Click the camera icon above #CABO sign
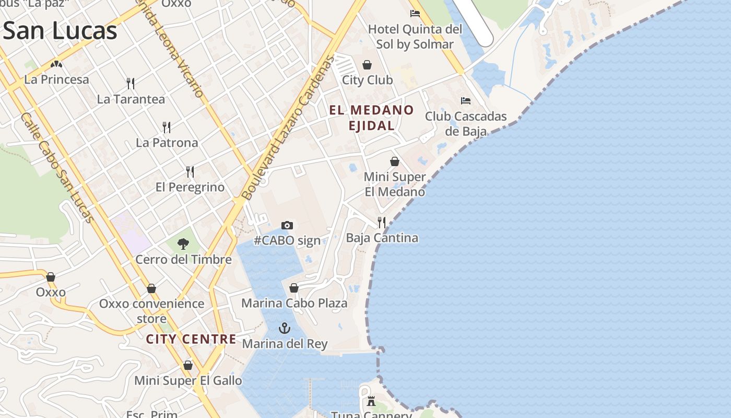(x=287, y=225)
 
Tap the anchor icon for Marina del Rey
(x=284, y=328)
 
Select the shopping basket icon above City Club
(x=367, y=65)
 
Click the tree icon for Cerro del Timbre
(x=183, y=243)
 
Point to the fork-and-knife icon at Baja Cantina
(x=382, y=223)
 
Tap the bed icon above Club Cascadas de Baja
(x=465, y=100)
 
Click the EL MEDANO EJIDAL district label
(x=371, y=118)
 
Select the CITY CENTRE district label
(x=191, y=339)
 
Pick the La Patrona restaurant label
(x=167, y=143)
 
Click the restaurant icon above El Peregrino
(x=190, y=171)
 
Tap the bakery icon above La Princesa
(x=56, y=64)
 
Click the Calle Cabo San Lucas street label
(x=57, y=168)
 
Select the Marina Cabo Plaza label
(x=294, y=303)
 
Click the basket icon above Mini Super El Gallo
(x=188, y=365)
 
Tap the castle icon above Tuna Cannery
(x=371, y=401)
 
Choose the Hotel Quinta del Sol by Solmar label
(x=415, y=37)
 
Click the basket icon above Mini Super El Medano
(x=395, y=161)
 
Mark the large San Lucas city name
(x=60, y=31)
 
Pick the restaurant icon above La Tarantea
(x=131, y=83)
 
